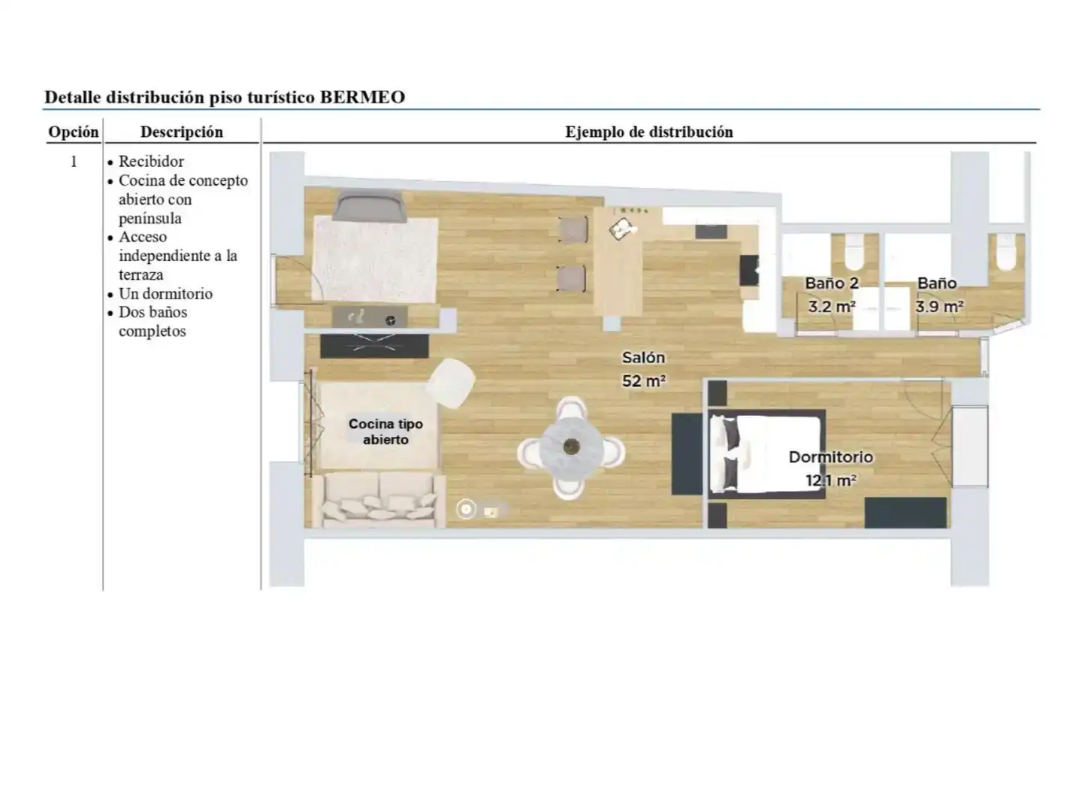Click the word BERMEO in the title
(362, 97)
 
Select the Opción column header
(74, 132)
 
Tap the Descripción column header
(182, 132)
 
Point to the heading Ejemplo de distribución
(648, 132)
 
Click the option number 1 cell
(74, 162)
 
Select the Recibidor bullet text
(151, 161)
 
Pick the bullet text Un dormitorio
(165, 294)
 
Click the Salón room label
(643, 357)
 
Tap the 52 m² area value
(644, 381)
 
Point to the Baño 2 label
(832, 283)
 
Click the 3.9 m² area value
(939, 307)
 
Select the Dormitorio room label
(830, 457)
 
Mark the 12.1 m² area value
(830, 480)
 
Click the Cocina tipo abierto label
(385, 432)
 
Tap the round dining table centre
(571, 447)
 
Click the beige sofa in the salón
(379, 499)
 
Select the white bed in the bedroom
(766, 453)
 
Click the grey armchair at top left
(368, 206)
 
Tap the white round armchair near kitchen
(450, 383)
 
